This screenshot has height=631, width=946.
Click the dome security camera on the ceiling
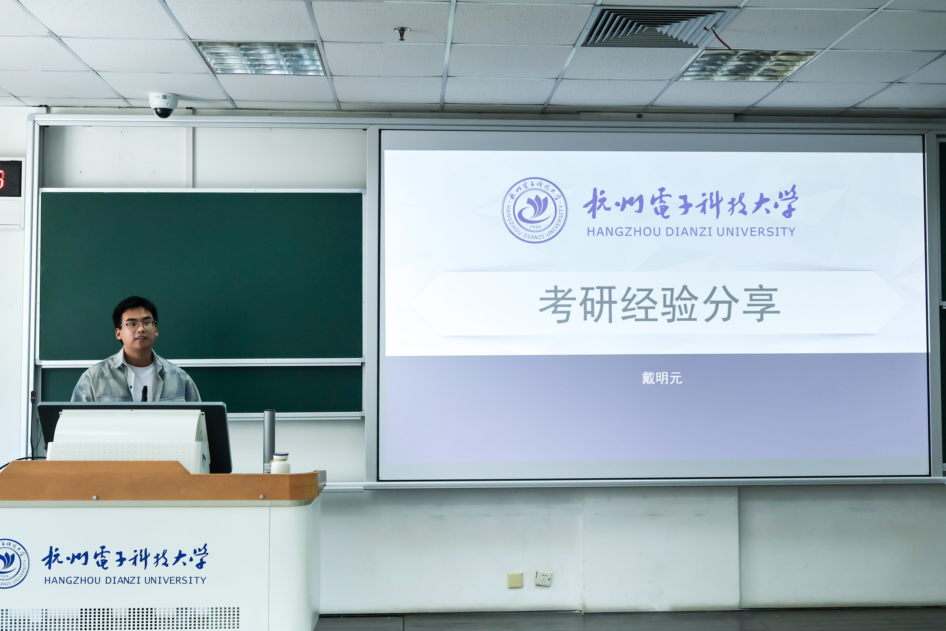coord(163,105)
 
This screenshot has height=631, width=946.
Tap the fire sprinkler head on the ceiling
coord(401,34)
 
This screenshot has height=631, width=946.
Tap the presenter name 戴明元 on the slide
coord(662,378)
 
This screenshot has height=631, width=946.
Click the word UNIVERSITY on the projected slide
coord(756,232)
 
